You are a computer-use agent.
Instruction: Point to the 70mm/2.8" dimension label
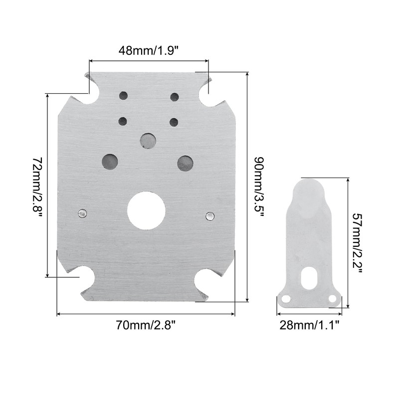click(x=146, y=325)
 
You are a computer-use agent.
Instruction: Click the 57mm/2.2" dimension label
click(x=357, y=242)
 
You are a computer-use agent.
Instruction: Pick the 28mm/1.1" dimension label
click(x=309, y=325)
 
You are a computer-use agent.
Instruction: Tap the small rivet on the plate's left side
click(x=82, y=213)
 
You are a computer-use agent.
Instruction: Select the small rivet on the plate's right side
click(x=210, y=215)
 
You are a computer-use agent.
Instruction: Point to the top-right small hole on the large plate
click(x=175, y=97)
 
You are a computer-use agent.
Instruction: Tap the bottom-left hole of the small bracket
click(x=286, y=299)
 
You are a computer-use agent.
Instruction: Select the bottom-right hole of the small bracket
click(x=333, y=298)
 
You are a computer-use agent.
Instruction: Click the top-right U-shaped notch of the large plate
click(x=209, y=95)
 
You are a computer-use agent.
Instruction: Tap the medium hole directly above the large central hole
click(x=148, y=140)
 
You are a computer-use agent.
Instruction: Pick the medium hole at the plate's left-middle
click(x=110, y=161)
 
